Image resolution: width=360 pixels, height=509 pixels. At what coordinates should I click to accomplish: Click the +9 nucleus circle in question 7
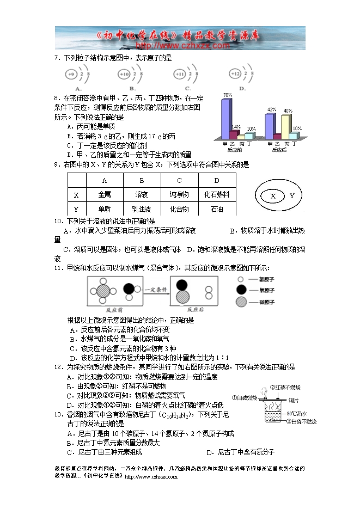[70, 73]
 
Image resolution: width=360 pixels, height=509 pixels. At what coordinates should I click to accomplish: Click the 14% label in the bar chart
[236, 126]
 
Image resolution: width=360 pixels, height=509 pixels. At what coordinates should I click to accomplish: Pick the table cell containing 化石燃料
[216, 194]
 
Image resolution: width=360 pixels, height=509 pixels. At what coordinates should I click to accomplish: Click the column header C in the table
[179, 180]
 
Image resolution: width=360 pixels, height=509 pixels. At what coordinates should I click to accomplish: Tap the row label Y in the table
[76, 209]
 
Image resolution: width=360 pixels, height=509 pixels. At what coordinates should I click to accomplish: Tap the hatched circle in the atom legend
[241, 303]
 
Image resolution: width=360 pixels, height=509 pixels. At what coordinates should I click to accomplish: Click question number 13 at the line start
[57, 415]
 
